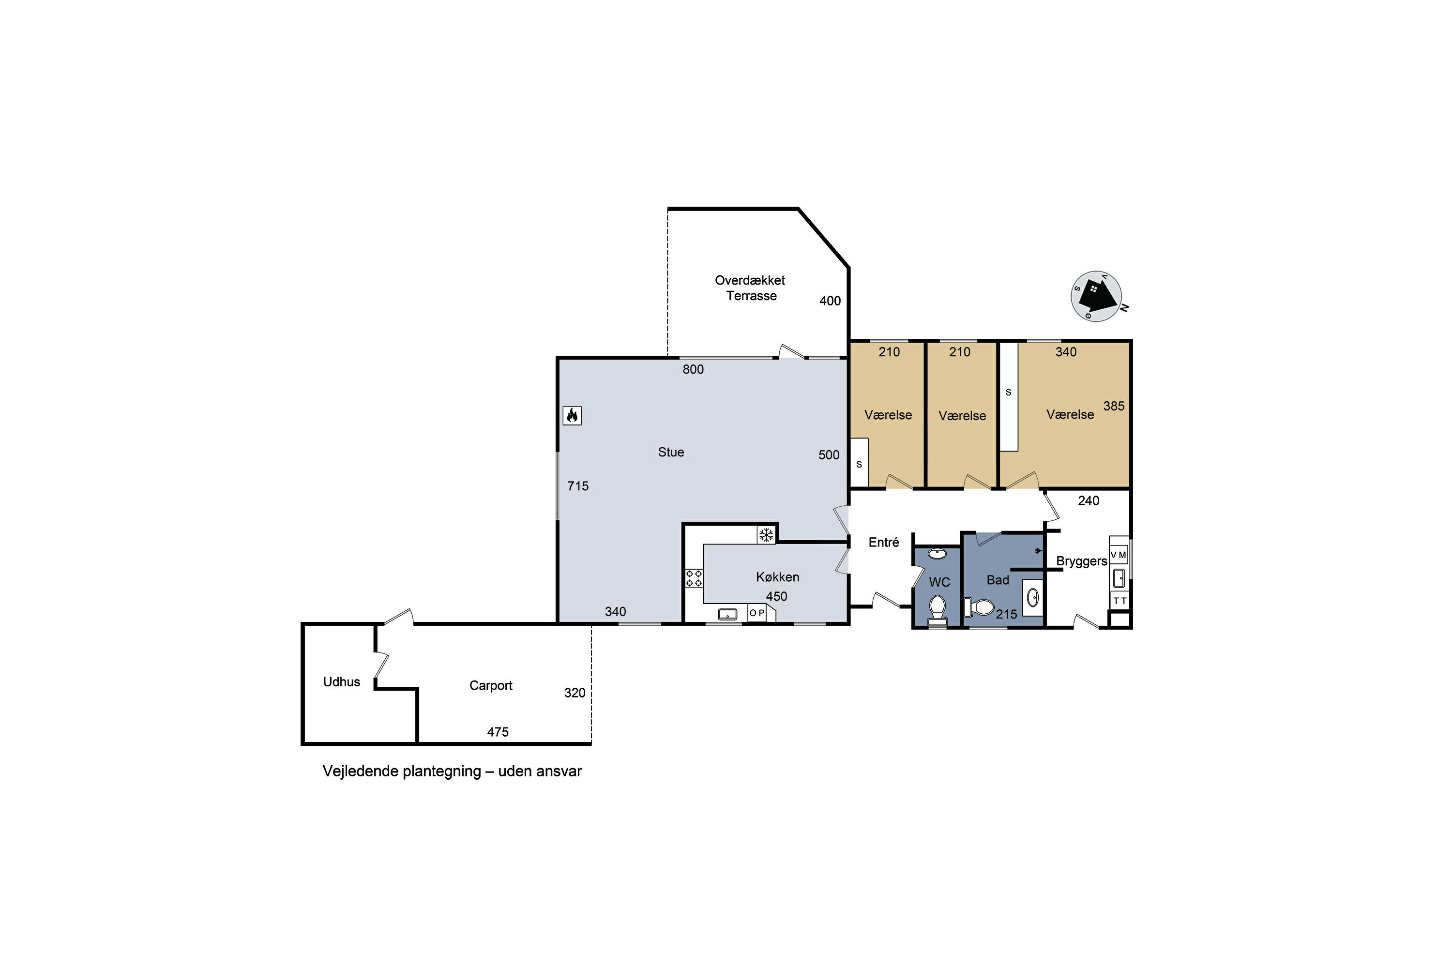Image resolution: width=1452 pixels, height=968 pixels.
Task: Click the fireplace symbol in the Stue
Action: tap(572, 415)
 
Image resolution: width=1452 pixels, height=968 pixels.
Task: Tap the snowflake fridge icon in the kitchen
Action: tap(766, 535)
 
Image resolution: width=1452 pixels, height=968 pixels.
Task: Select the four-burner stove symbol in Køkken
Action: tap(694, 578)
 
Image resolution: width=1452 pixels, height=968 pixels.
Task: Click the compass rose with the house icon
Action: tap(1096, 296)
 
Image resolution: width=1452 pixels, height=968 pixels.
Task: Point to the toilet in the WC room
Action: tap(938, 609)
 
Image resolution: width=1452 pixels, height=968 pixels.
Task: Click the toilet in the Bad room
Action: tap(980, 607)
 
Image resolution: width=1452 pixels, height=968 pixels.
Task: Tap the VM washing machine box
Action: tap(1119, 555)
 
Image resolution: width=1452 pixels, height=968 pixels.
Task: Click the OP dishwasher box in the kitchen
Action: tap(757, 613)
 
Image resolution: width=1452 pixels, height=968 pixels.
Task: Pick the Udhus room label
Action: tap(341, 681)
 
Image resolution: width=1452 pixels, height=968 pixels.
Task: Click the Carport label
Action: tap(491, 686)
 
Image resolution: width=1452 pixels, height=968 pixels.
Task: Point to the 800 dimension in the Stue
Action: tap(693, 369)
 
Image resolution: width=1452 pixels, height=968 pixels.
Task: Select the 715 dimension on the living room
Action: tap(578, 486)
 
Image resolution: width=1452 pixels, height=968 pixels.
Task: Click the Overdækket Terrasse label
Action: tap(750, 287)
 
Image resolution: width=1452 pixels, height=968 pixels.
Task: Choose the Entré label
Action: tap(883, 542)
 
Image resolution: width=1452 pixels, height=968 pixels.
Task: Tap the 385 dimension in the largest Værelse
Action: tap(1114, 406)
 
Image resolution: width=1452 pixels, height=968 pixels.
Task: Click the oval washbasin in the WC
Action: tap(937, 553)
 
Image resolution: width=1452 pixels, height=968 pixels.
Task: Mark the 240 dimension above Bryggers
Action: tap(1089, 500)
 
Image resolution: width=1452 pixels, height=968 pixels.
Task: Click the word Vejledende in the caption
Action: tap(360, 771)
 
